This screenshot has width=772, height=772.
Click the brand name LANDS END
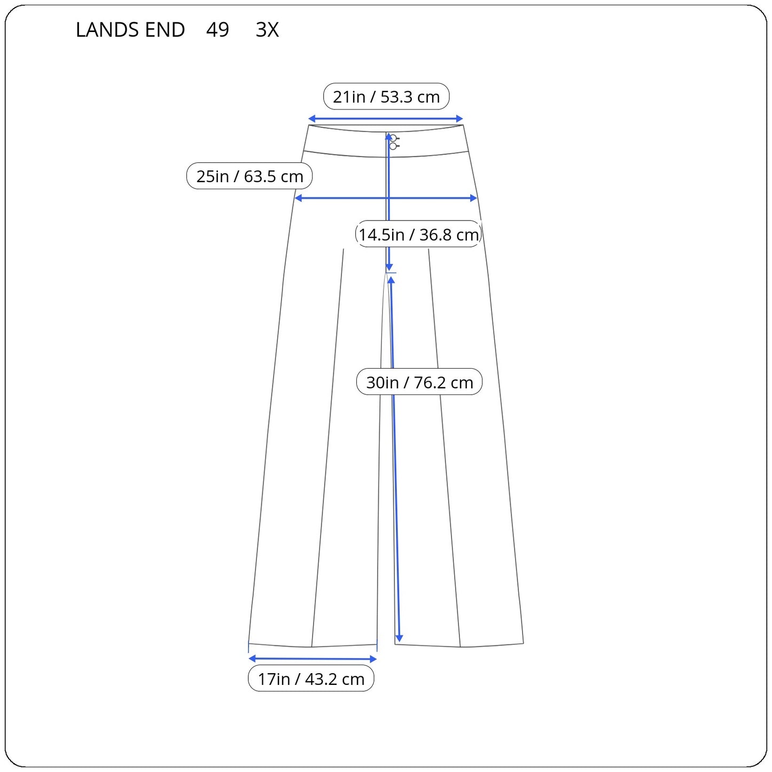[x=130, y=29]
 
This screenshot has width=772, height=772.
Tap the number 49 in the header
[x=217, y=29]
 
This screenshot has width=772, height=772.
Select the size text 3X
[x=267, y=29]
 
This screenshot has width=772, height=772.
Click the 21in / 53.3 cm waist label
[x=386, y=97]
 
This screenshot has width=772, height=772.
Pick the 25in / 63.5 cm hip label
[x=249, y=176]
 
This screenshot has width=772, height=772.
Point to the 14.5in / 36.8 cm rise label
[x=418, y=234]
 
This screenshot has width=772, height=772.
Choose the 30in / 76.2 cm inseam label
[x=419, y=382]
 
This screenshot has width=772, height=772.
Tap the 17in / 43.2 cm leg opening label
[x=311, y=679]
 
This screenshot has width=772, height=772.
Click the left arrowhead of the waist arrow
[x=311, y=119]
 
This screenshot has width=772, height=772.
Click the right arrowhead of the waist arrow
[x=460, y=119]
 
